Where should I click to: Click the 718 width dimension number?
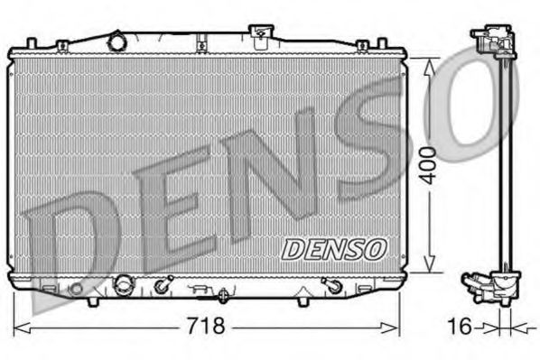(x=207, y=325)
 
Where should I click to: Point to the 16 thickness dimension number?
(x=461, y=325)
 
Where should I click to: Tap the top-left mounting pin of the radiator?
(x=32, y=42)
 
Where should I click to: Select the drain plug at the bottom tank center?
(x=223, y=293)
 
